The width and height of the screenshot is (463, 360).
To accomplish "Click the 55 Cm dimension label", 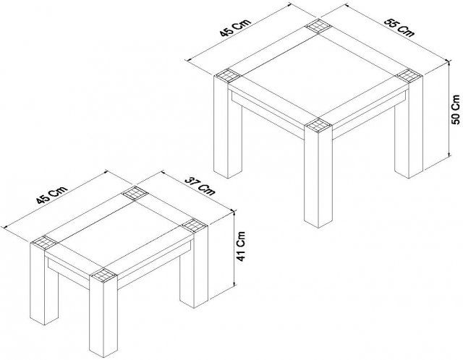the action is click(x=399, y=28).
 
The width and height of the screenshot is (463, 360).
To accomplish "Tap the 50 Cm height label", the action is click(x=456, y=109).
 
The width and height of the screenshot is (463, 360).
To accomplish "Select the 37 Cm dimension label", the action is click(x=200, y=187).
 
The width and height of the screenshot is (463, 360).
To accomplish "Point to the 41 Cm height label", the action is click(x=241, y=246).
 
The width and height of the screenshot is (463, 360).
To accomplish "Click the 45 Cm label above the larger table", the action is click(x=235, y=27).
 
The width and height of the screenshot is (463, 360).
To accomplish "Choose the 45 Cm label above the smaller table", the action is click(x=52, y=195).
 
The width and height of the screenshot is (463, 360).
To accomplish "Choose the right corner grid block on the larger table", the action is click(x=409, y=75).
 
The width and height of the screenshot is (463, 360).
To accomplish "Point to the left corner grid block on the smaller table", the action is click(x=44, y=243).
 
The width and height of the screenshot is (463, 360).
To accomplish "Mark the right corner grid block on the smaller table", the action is click(x=194, y=226).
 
